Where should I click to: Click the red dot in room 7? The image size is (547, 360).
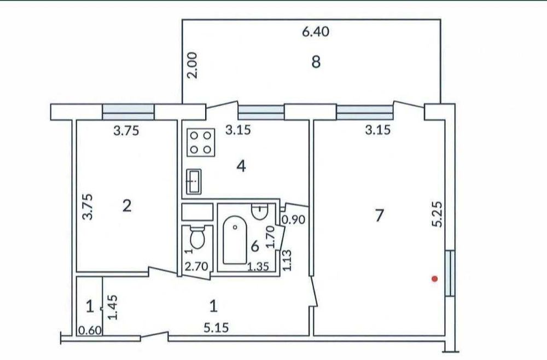(x=434, y=278)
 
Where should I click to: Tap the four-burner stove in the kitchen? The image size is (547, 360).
(x=201, y=142)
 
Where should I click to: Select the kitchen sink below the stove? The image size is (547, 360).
(x=194, y=181)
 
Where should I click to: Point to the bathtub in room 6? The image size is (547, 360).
(x=235, y=240)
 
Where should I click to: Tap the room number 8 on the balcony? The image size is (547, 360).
(x=316, y=62)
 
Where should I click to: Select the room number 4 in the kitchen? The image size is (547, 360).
(x=240, y=165)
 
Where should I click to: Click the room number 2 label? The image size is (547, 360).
(x=126, y=206)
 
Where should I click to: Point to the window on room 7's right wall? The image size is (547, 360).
(x=450, y=272)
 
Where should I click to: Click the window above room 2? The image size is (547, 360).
(x=129, y=112)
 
